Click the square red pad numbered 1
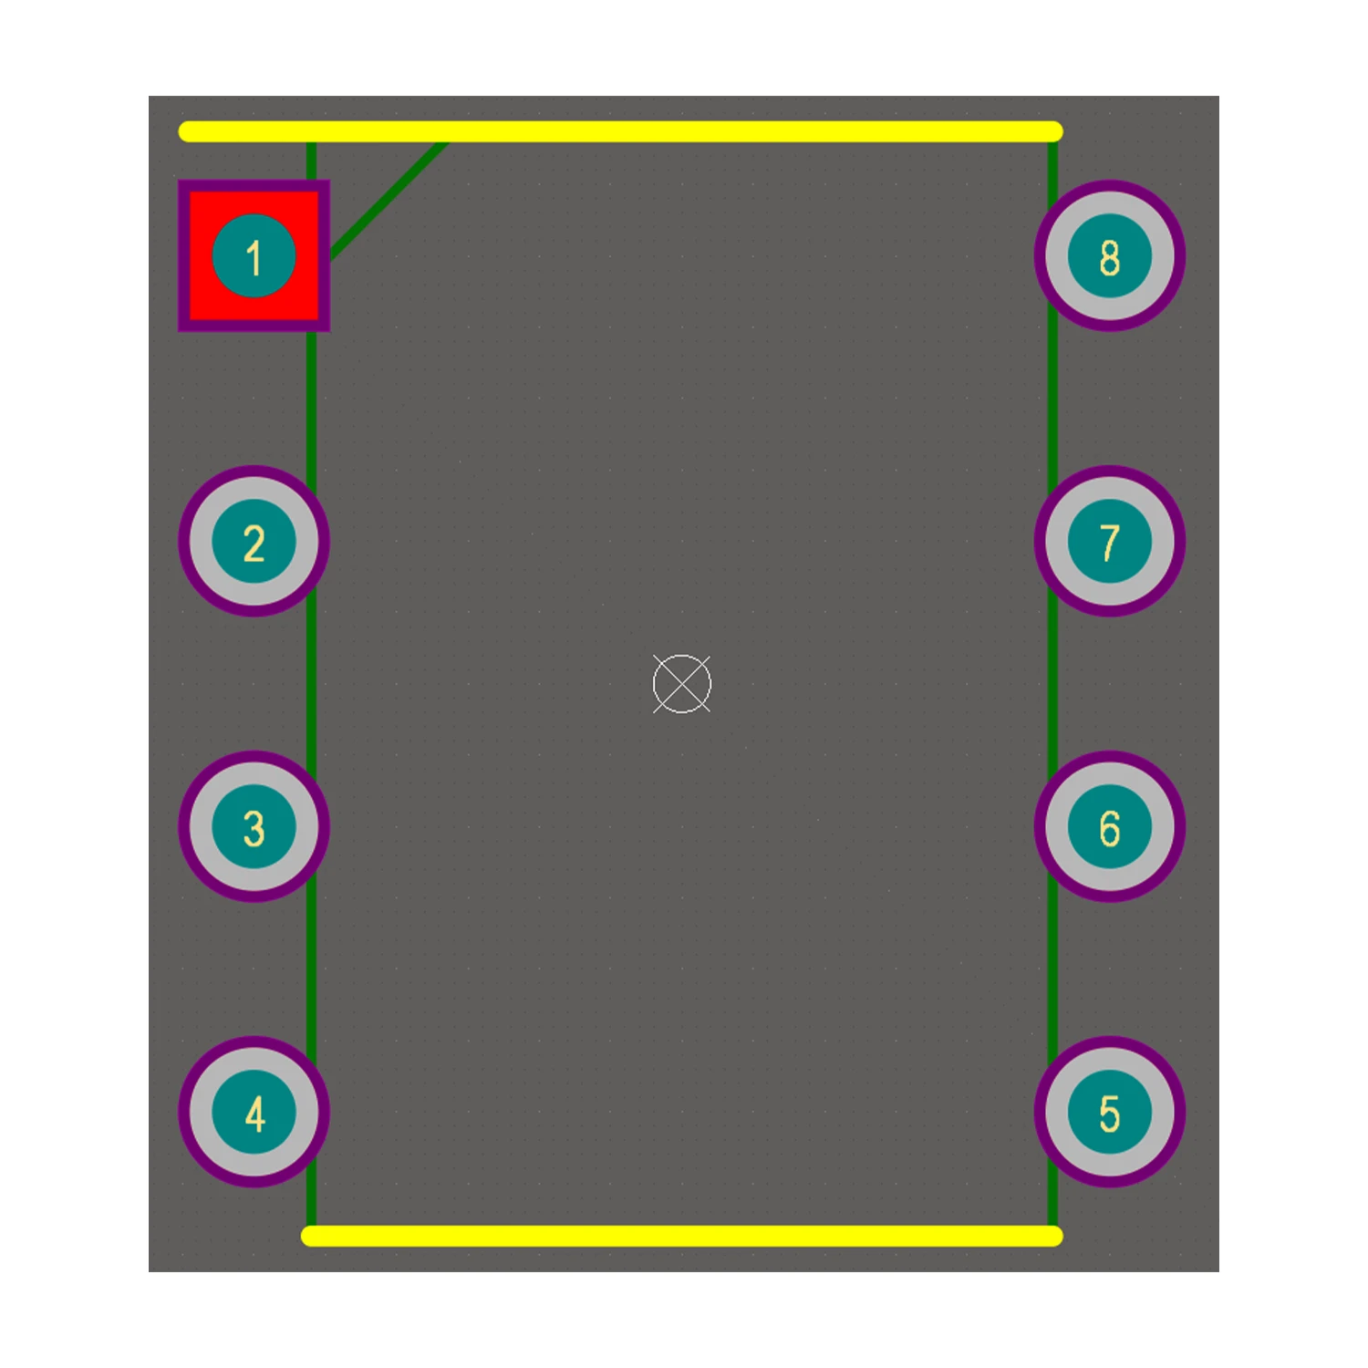[x=254, y=255]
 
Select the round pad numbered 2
[x=254, y=542]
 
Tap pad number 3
[x=254, y=827]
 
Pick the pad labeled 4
[x=254, y=1113]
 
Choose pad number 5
[x=1110, y=1113]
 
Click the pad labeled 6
[x=1110, y=827]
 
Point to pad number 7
[x=1110, y=542]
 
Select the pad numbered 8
[x=1110, y=255]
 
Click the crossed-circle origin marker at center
[x=682, y=684]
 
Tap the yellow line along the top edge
[x=620, y=131]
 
